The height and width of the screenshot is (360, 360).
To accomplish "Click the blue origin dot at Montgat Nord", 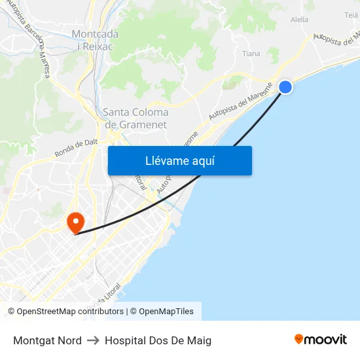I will [285, 86].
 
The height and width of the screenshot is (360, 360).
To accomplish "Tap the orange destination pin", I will [76, 222].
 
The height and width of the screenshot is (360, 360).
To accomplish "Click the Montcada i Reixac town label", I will [95, 40].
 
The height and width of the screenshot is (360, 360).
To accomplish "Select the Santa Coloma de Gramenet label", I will [135, 118].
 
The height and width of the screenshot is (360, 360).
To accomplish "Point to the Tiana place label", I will [251, 54].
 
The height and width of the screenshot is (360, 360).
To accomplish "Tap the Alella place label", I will [299, 20].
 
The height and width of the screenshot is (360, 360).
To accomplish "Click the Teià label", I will [351, 14].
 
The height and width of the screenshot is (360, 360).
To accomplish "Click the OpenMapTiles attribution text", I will [166, 312].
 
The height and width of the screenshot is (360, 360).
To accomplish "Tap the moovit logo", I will [320, 340].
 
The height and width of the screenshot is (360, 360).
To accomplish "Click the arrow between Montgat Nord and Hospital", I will [93, 340].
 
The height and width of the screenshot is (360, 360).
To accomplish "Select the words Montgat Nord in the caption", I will [47, 340].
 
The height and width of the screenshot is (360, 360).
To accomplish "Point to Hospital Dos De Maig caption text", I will [158, 340].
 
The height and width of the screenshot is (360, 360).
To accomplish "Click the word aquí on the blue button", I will [201, 161].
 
